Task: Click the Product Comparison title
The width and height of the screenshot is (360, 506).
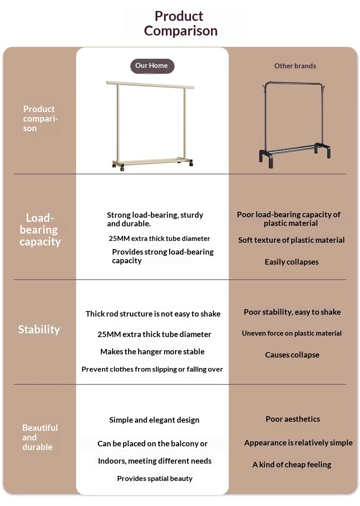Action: tap(180, 23)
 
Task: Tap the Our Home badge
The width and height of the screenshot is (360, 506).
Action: tap(152, 66)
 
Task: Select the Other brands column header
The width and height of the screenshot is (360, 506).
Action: tap(295, 66)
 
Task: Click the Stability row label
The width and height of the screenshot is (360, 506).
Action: tap(39, 329)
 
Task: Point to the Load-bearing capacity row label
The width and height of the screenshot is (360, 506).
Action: tap(40, 230)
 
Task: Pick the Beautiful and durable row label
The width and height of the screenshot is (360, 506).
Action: tap(40, 437)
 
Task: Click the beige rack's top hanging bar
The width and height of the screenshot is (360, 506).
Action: tap(150, 85)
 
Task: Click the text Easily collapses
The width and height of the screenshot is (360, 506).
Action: tap(292, 262)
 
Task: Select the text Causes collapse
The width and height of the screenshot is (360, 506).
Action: tap(292, 355)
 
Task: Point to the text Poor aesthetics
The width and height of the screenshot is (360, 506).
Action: tap(293, 419)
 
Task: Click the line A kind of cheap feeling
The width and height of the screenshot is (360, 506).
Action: tap(292, 465)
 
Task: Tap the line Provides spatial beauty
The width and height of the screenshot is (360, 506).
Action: tap(154, 478)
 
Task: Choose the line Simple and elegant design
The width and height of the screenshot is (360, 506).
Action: tap(154, 420)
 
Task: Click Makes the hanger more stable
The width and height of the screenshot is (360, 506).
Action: tap(152, 352)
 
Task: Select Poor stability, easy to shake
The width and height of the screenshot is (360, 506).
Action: tap(292, 312)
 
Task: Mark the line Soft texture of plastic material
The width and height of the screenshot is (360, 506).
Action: tap(292, 240)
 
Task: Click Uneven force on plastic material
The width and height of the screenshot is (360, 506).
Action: tap(292, 333)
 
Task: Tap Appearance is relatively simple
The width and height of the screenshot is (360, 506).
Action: tap(298, 442)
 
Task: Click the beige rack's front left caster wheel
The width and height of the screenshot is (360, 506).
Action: tap(122, 169)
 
